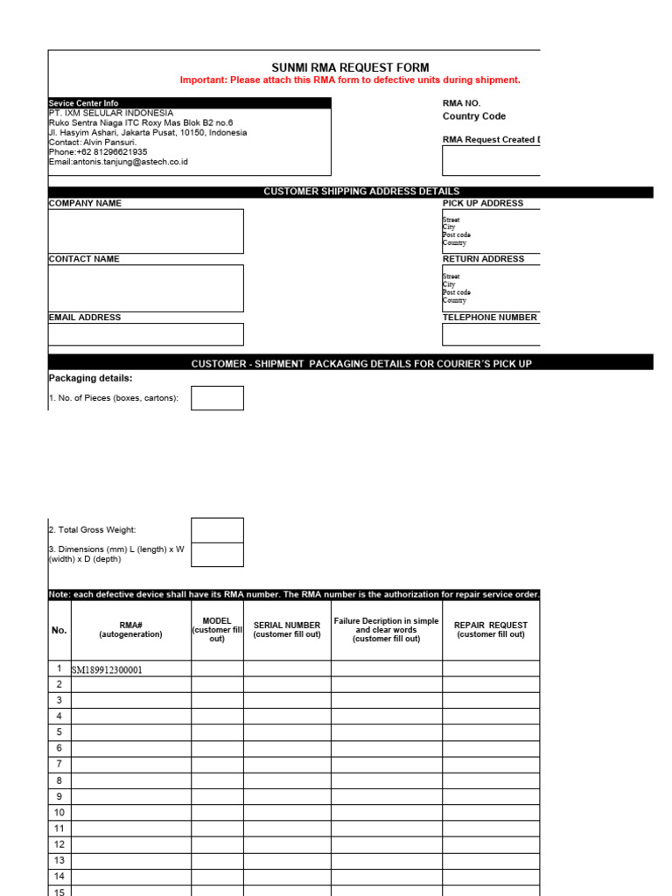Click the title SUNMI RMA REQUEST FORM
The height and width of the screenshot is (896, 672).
point(350,67)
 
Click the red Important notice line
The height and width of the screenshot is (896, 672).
point(350,80)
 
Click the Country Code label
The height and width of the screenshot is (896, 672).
point(473,116)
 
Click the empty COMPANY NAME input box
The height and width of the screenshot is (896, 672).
point(145,231)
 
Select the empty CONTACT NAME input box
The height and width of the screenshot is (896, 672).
point(145,288)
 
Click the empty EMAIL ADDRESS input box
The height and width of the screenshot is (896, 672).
point(145,334)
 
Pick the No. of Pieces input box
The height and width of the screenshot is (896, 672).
point(217,398)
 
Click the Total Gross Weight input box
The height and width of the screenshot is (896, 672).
point(217,530)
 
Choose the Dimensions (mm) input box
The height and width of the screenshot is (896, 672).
point(217,555)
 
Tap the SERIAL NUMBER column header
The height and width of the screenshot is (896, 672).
point(287,630)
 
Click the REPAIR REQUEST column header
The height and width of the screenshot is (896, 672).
point(491,630)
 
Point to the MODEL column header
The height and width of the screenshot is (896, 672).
point(217,630)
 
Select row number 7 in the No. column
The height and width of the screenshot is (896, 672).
point(59,765)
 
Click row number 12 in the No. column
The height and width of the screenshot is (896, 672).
point(59,844)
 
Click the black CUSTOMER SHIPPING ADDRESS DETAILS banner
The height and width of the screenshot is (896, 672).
point(361,192)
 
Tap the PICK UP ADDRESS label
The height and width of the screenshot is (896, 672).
point(483,203)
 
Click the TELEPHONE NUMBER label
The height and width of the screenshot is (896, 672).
point(490,318)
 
